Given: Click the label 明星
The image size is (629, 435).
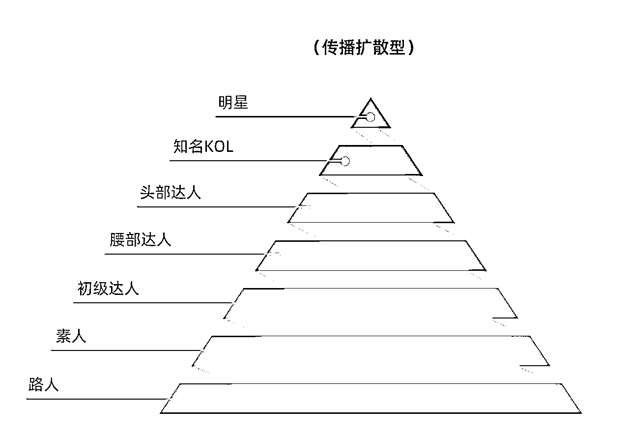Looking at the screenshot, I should [233, 103].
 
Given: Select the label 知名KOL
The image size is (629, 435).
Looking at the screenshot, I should [203, 147].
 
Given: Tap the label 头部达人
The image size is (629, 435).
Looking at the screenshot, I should [170, 193].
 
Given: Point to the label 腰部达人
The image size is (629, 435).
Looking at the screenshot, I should [140, 240].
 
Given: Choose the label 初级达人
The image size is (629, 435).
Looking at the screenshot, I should [108, 289].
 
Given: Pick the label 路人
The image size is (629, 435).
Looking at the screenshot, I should [44, 385].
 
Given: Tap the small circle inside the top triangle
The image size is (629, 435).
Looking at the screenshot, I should [371, 117].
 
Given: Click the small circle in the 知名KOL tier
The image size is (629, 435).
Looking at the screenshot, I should [345, 161].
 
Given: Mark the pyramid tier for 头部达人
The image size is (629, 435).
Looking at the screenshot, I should [372, 208].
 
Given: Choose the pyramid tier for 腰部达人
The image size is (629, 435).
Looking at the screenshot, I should [372, 256].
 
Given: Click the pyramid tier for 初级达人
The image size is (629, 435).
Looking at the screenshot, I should [372, 303].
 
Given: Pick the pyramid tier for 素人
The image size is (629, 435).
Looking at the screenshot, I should [372, 351].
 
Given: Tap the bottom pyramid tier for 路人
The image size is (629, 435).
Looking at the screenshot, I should [372, 399].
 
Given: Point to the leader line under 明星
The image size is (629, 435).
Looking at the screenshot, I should [285, 117].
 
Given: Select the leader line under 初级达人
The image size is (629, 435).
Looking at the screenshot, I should [152, 302].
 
